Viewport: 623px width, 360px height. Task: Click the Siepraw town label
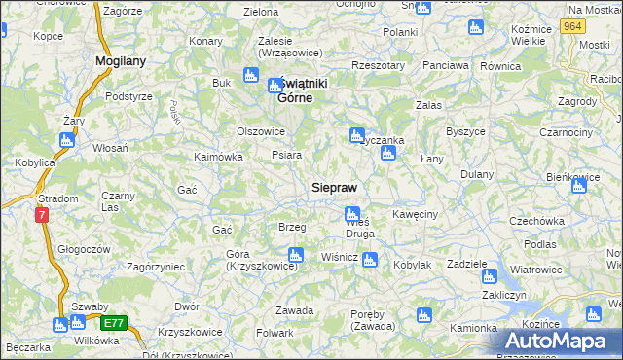coord(334,187)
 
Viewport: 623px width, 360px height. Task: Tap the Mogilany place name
coord(121,60)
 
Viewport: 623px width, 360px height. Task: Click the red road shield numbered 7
coord(42,215)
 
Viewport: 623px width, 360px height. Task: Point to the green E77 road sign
coord(114,323)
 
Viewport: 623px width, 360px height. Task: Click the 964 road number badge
coord(572,26)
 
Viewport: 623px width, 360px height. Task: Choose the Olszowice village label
coord(261,131)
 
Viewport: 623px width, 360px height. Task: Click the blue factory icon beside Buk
coord(249,76)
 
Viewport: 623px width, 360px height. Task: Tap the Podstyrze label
coord(129,96)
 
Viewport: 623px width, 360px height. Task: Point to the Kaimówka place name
coord(218,157)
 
